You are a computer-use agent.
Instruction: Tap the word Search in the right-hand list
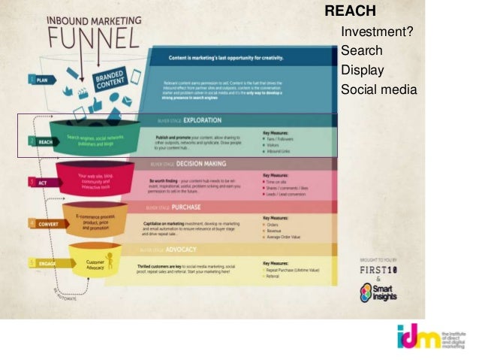point(361,51)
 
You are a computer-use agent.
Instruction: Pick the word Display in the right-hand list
point(362,71)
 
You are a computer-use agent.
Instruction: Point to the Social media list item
point(378,90)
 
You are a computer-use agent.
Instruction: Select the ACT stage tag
point(36,182)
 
